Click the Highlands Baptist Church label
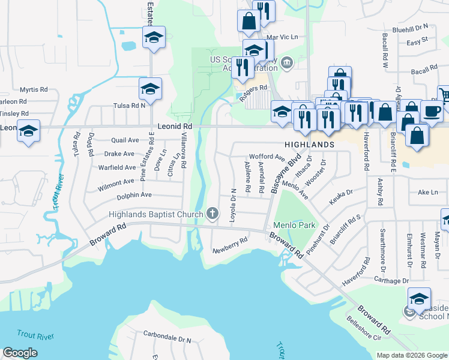click(x=155, y=215)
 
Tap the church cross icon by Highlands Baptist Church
click(x=212, y=213)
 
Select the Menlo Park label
click(x=295, y=226)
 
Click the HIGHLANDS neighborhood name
click(x=309, y=145)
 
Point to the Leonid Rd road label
click(x=175, y=127)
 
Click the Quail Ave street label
click(x=125, y=140)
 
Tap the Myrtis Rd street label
click(x=34, y=89)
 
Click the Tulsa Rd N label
click(x=130, y=105)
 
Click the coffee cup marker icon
click(x=432, y=110)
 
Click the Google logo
click(x=20, y=353)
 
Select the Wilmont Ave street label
click(x=116, y=181)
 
